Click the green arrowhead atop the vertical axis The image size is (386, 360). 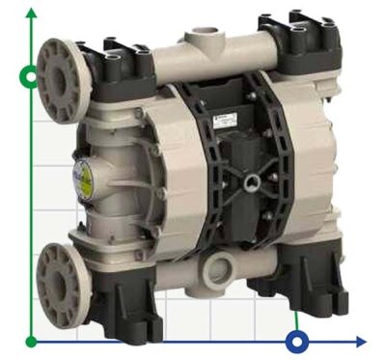click(32, 13)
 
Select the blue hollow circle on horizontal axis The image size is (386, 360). click(298, 341)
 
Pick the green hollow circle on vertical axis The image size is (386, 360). click(32, 76)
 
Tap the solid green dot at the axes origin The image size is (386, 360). click(32, 341)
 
